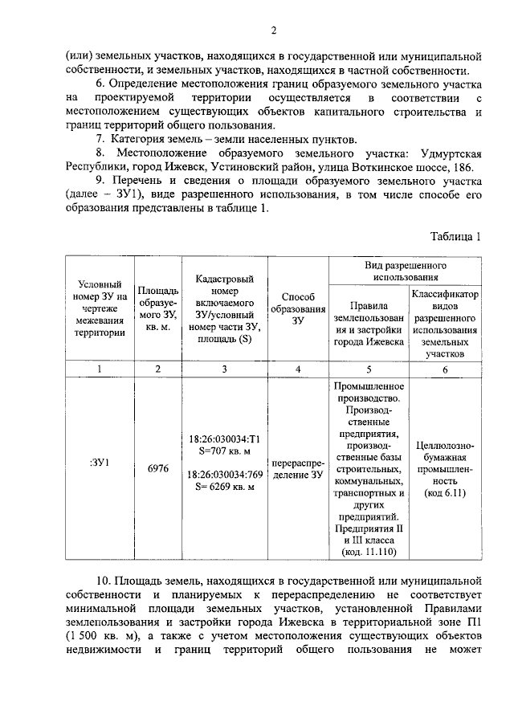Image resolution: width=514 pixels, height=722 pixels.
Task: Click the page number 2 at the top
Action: (x=273, y=31)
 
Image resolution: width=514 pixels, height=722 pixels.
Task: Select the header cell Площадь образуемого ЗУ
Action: (x=157, y=310)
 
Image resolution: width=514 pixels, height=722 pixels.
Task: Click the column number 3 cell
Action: (x=224, y=369)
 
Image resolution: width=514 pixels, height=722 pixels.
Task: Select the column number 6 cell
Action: (x=445, y=369)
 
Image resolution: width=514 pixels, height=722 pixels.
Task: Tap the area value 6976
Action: (x=157, y=468)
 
